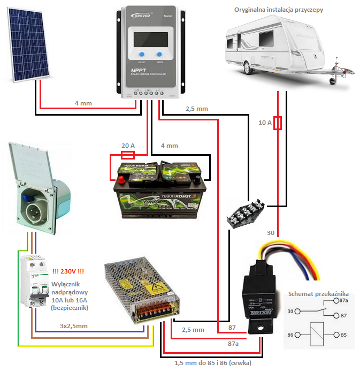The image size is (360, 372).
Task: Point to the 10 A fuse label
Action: [265, 123]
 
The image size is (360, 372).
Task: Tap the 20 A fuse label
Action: [128, 146]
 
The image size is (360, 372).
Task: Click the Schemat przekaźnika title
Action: [318, 293]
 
